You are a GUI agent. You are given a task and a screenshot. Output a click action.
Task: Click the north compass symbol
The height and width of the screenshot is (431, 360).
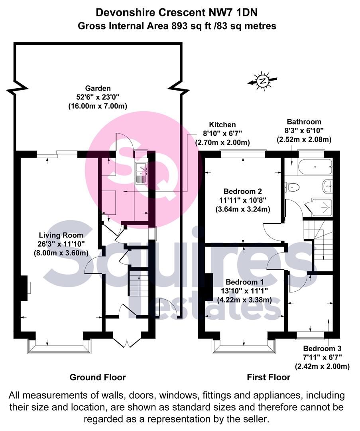pyautogui.click(x=262, y=81)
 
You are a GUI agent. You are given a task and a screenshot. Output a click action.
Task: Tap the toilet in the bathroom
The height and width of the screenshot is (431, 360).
pyautogui.click(x=293, y=186)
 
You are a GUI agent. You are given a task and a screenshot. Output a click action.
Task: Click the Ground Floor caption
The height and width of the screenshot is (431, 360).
pyautogui.click(x=97, y=377)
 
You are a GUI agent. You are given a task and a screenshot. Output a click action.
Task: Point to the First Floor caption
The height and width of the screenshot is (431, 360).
pyautogui.click(x=268, y=377)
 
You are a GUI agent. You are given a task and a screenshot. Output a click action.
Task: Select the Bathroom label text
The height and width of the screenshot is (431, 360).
pyautogui.click(x=304, y=122)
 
